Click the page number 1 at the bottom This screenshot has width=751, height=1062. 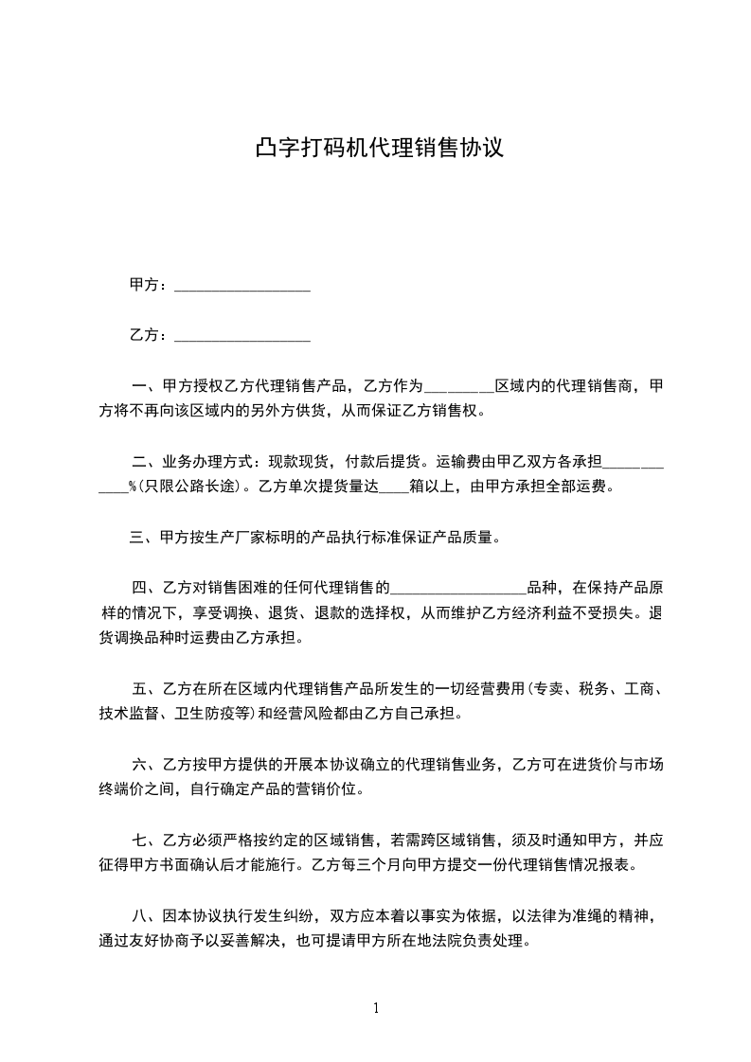(x=376, y=1007)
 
